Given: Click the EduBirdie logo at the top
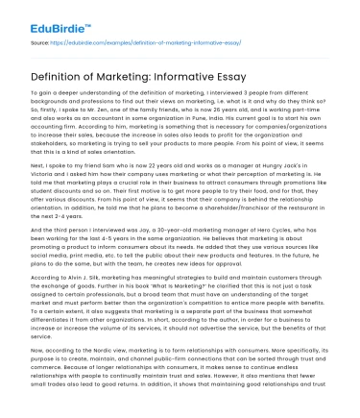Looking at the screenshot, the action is tap(50, 16).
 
